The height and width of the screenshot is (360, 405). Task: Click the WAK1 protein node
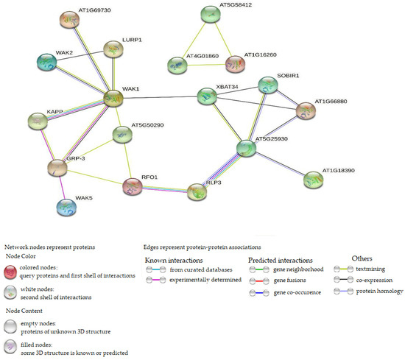(112, 96)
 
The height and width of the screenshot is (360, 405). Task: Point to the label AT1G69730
(74, 10)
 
